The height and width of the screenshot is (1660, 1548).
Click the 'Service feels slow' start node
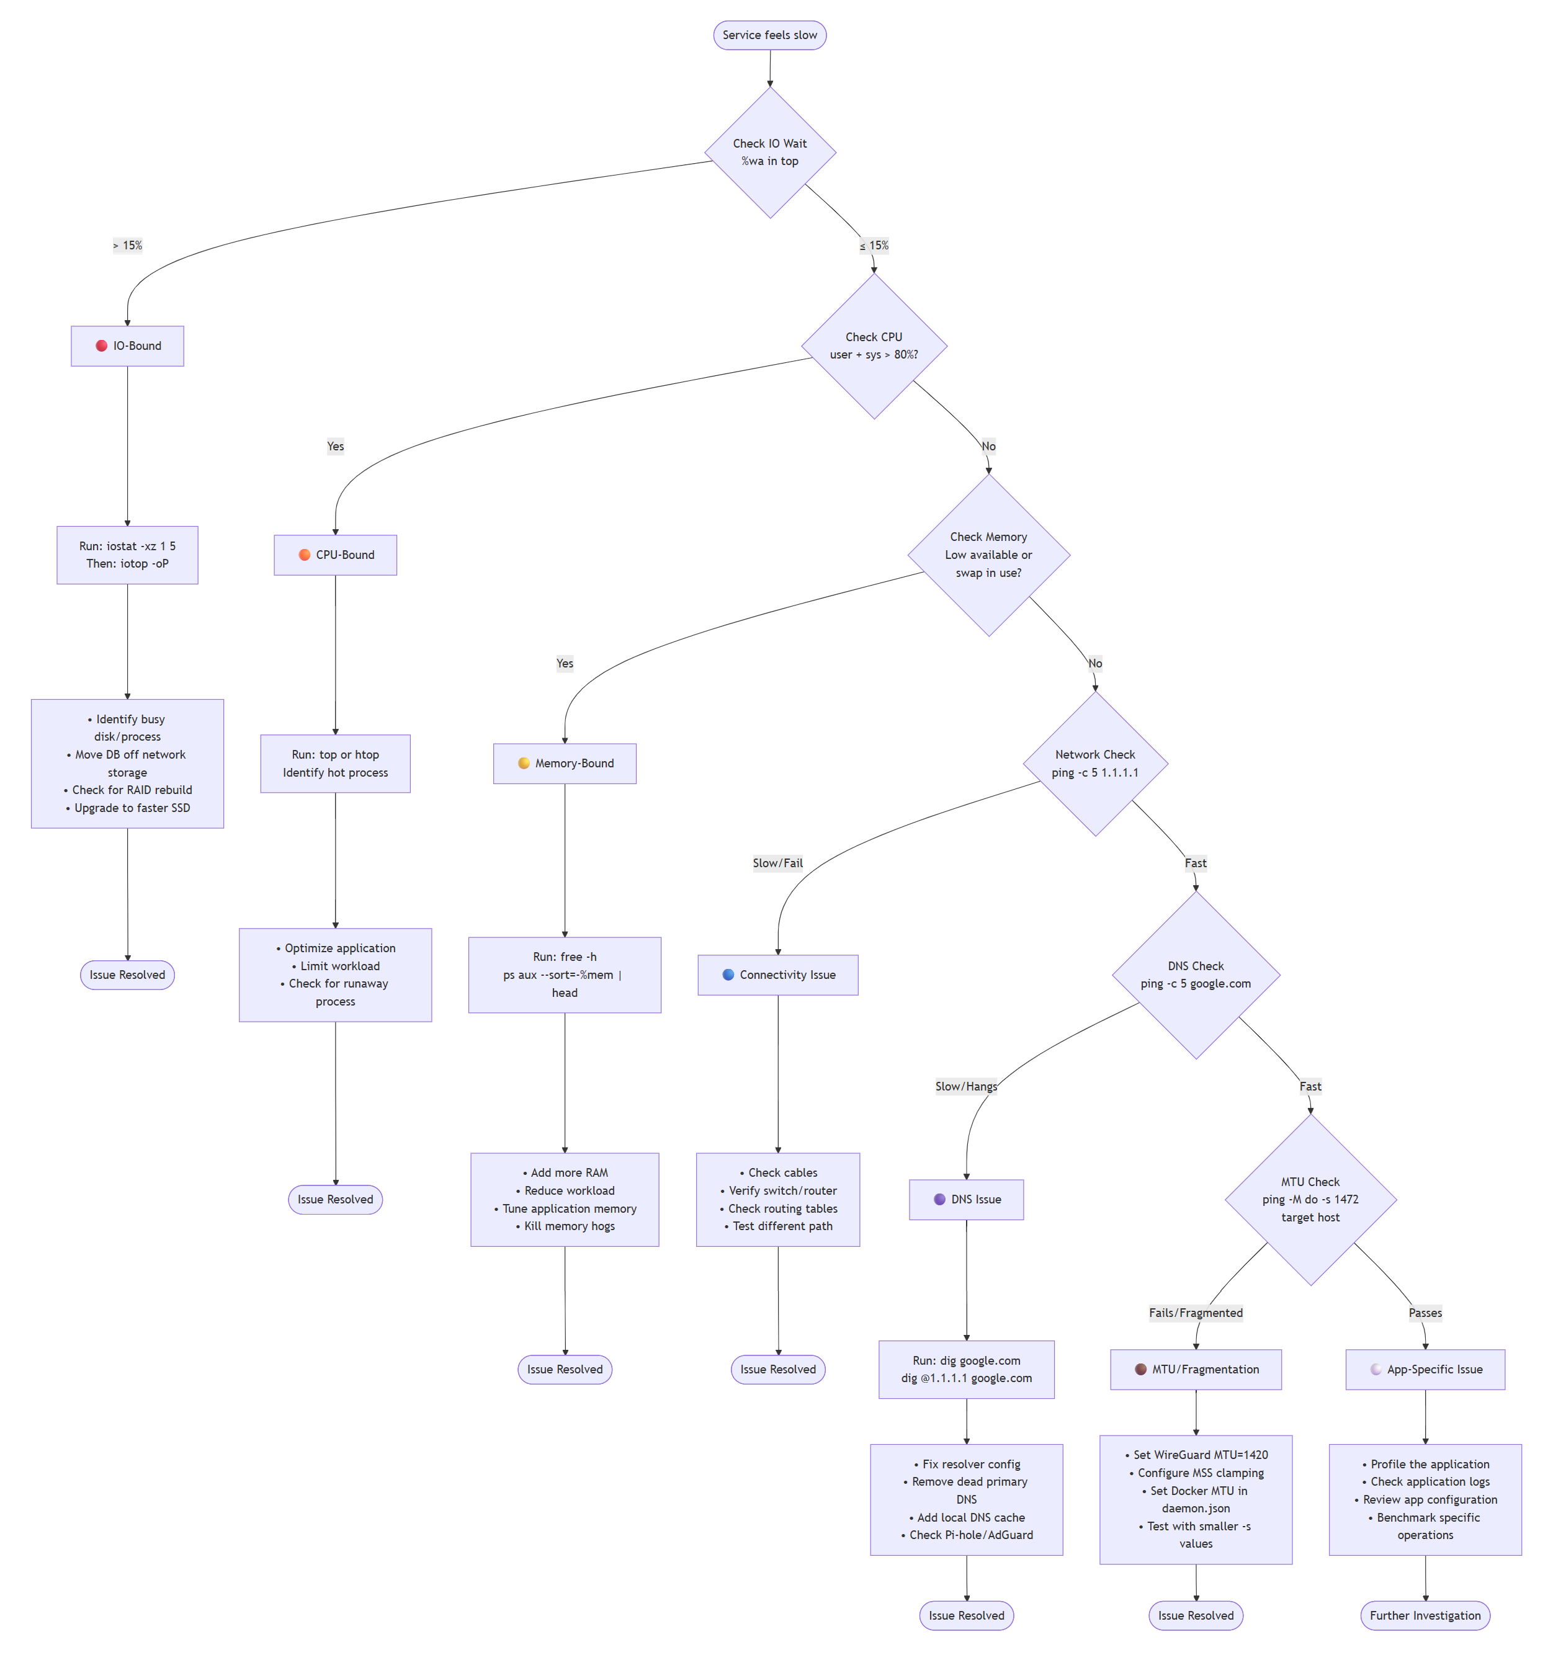[769, 35]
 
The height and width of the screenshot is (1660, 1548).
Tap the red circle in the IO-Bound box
[101, 346]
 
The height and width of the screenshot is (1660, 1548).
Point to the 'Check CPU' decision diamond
[874, 346]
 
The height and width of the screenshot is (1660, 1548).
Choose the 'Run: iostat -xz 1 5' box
[127, 555]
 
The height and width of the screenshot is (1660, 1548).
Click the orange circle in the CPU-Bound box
[304, 555]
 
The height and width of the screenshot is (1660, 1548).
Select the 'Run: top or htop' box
[335, 763]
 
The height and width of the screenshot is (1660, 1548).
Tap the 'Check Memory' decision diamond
[988, 555]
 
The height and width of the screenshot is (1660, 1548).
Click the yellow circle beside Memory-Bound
[524, 763]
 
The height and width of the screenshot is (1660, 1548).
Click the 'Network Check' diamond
[1094, 763]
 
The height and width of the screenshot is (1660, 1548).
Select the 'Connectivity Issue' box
[777, 975]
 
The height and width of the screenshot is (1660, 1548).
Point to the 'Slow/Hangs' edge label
[966, 1086]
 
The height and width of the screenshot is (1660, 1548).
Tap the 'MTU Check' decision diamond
[1310, 1199]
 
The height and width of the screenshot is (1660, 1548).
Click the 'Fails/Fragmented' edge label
[1196, 1313]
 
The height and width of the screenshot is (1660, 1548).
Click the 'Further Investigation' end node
[1425, 1615]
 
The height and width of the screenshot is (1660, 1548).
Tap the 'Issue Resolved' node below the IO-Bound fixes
[127, 975]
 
